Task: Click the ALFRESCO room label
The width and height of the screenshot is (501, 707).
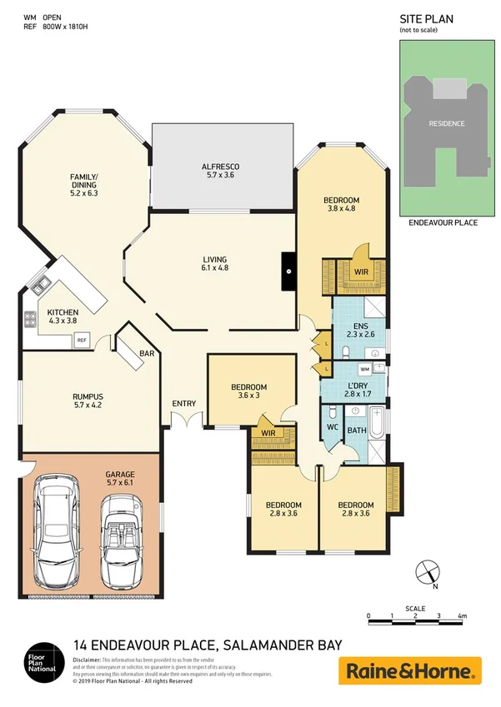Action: point(221,167)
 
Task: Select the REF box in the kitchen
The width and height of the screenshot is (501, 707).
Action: point(82,340)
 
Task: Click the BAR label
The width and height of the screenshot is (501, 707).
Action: point(147,354)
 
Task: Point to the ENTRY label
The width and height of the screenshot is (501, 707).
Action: point(183,404)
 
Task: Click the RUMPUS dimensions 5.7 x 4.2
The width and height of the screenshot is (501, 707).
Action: point(87,407)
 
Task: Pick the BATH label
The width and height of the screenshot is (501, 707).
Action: point(356,431)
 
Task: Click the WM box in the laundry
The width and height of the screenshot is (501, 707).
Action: point(364,368)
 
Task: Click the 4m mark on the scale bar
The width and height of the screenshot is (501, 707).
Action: point(461,617)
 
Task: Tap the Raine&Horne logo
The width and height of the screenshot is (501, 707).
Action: point(409,670)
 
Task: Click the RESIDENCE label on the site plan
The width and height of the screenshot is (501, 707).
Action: point(446,123)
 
